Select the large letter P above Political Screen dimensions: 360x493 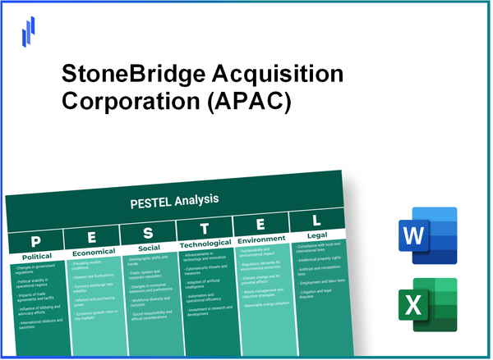34,242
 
